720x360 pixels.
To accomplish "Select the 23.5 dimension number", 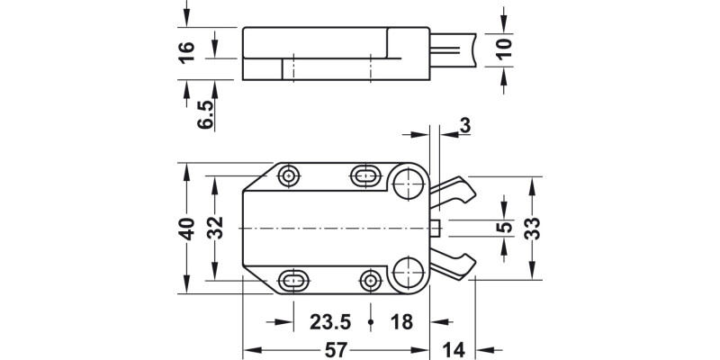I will pos(330,322).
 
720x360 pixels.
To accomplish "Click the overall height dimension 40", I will pos(186,229).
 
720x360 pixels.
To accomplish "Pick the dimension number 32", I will pos(215,229).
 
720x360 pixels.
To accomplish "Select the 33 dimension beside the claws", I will pos(532,228).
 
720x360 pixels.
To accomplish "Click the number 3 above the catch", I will pos(464,127).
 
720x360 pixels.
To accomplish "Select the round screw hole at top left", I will pos(290,175).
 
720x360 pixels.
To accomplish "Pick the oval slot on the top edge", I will pos(365,175).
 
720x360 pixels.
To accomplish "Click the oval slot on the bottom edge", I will pos(293,280).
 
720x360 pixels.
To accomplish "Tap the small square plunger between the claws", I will pos(436,226).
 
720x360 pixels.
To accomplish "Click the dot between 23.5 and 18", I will pos(371,321).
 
